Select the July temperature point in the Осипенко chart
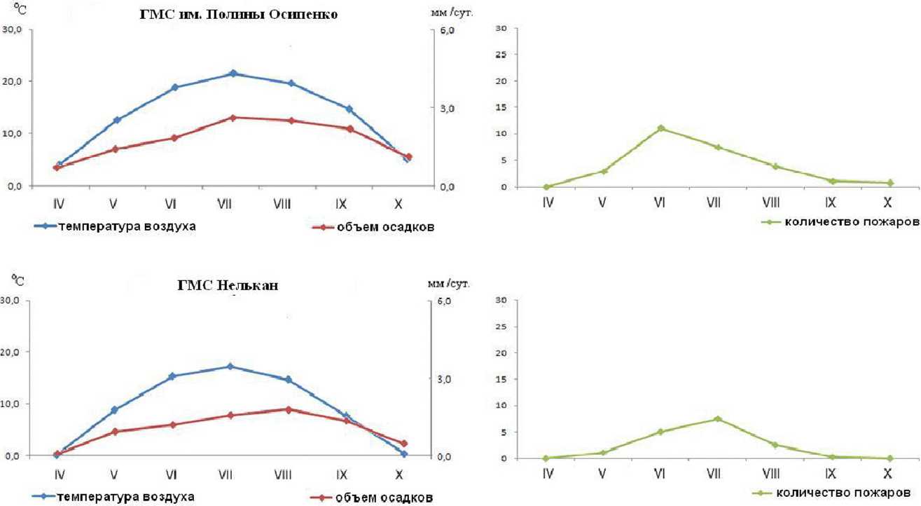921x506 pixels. click(x=233, y=74)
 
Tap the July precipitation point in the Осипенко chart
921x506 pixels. click(x=233, y=118)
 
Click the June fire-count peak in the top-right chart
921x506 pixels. click(x=660, y=128)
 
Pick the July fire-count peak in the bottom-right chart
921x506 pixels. click(x=717, y=419)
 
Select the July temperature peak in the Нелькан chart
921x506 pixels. click(x=230, y=367)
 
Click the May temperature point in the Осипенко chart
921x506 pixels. click(x=117, y=120)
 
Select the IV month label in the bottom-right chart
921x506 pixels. click(x=548, y=474)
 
